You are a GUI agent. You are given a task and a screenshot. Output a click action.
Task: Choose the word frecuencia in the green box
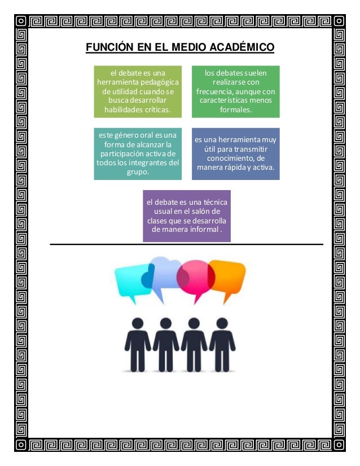(214, 91)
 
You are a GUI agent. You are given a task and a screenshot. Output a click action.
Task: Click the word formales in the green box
(236, 109)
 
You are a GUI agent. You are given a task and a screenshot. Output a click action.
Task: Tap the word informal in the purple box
(199, 230)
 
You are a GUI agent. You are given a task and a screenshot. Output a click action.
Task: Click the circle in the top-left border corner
(21, 20)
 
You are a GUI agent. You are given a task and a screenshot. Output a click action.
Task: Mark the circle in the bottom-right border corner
(339, 445)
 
